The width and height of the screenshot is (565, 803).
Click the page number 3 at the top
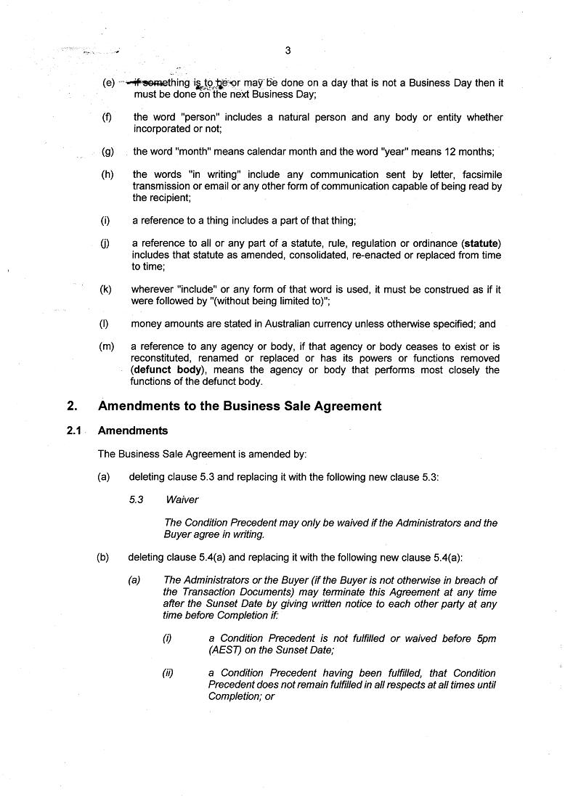point(288,50)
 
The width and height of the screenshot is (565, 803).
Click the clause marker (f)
point(107,117)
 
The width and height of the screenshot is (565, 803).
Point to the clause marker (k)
point(106,289)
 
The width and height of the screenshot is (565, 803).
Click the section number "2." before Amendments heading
point(72,407)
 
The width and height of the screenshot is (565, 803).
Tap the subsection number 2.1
point(73,431)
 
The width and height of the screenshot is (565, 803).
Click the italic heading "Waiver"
point(182,500)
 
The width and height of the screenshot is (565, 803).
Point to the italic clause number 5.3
point(137,500)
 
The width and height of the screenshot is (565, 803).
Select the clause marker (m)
point(107,347)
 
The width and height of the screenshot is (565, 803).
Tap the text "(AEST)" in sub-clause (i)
point(226,650)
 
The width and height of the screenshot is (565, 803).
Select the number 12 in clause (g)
point(439,152)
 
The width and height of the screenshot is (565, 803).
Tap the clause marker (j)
point(106,243)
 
